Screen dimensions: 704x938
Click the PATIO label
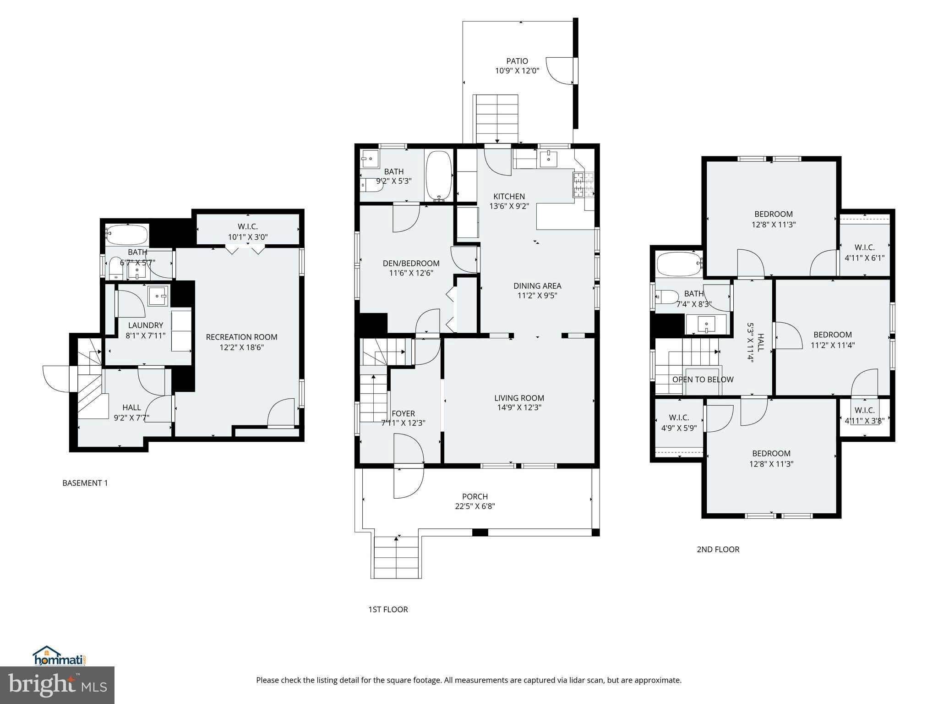517,61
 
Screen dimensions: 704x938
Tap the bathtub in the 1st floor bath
439,175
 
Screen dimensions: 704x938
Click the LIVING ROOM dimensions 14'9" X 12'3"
519,407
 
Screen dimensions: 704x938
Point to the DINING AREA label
537,286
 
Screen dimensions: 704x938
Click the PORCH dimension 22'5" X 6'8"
474,506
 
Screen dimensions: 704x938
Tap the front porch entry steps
397,557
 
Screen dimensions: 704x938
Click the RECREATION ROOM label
241,337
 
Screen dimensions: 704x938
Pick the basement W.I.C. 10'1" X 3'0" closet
248,231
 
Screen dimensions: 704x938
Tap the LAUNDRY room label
146,325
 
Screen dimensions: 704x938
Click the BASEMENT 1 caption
85,483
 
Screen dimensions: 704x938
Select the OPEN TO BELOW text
703,379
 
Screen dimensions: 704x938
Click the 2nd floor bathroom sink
706,324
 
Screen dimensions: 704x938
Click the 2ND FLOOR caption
718,549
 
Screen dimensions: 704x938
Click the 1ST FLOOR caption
388,609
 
